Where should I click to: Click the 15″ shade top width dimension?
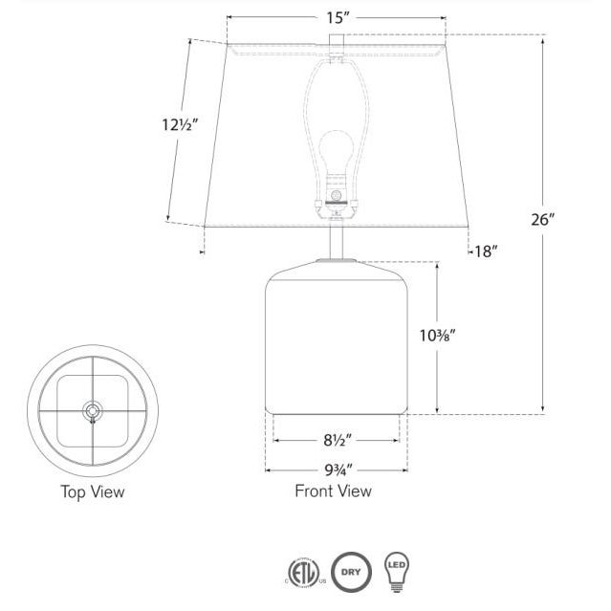coord(336,18)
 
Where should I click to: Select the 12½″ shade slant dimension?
coord(180,124)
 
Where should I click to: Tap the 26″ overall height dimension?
coord(542,220)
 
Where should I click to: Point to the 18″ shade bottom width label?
coord(486,251)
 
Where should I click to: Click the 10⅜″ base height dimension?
coord(437,335)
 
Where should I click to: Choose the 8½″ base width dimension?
coord(338,441)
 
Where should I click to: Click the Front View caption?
coord(333,491)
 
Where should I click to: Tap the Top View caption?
coord(93,491)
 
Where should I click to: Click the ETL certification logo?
coord(305,573)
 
